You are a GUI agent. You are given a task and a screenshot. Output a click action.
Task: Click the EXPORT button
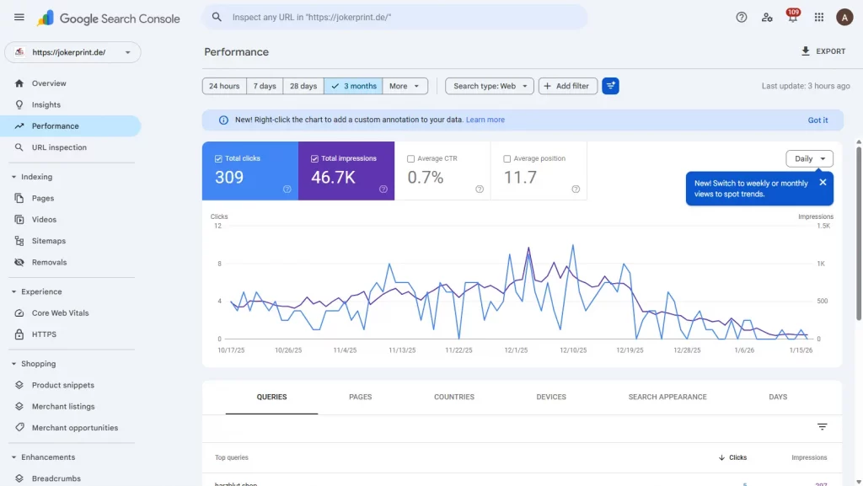(x=823, y=51)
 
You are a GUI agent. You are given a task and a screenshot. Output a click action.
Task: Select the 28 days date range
(x=303, y=86)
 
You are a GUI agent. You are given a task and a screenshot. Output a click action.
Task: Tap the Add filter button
(x=568, y=86)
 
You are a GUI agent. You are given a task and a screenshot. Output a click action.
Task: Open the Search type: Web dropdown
(x=490, y=86)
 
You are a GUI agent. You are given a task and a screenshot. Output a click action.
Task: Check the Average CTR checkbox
(x=411, y=158)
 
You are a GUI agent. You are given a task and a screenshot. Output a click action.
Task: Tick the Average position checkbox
(x=507, y=158)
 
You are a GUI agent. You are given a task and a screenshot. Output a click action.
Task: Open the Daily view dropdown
(x=809, y=158)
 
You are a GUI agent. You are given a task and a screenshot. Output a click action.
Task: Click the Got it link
(x=817, y=120)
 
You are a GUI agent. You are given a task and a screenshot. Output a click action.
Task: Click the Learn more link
(x=485, y=120)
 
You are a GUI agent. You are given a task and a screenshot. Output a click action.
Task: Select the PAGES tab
(x=360, y=397)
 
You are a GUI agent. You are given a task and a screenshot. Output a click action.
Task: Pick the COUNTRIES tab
(x=454, y=397)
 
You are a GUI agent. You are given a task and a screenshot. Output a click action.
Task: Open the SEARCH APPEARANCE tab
(x=667, y=397)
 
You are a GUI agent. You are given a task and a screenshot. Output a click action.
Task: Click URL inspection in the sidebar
(x=59, y=147)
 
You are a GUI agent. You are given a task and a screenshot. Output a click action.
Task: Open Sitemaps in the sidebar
(x=49, y=241)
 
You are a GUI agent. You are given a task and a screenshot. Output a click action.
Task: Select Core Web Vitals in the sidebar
(x=60, y=313)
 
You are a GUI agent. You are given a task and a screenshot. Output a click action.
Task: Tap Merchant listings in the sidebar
(x=63, y=407)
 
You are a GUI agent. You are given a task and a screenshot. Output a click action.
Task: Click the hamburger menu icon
(x=19, y=18)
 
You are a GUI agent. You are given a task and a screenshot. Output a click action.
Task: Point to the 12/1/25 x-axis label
(x=516, y=350)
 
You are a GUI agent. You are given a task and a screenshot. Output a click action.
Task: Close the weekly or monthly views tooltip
(x=823, y=182)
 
